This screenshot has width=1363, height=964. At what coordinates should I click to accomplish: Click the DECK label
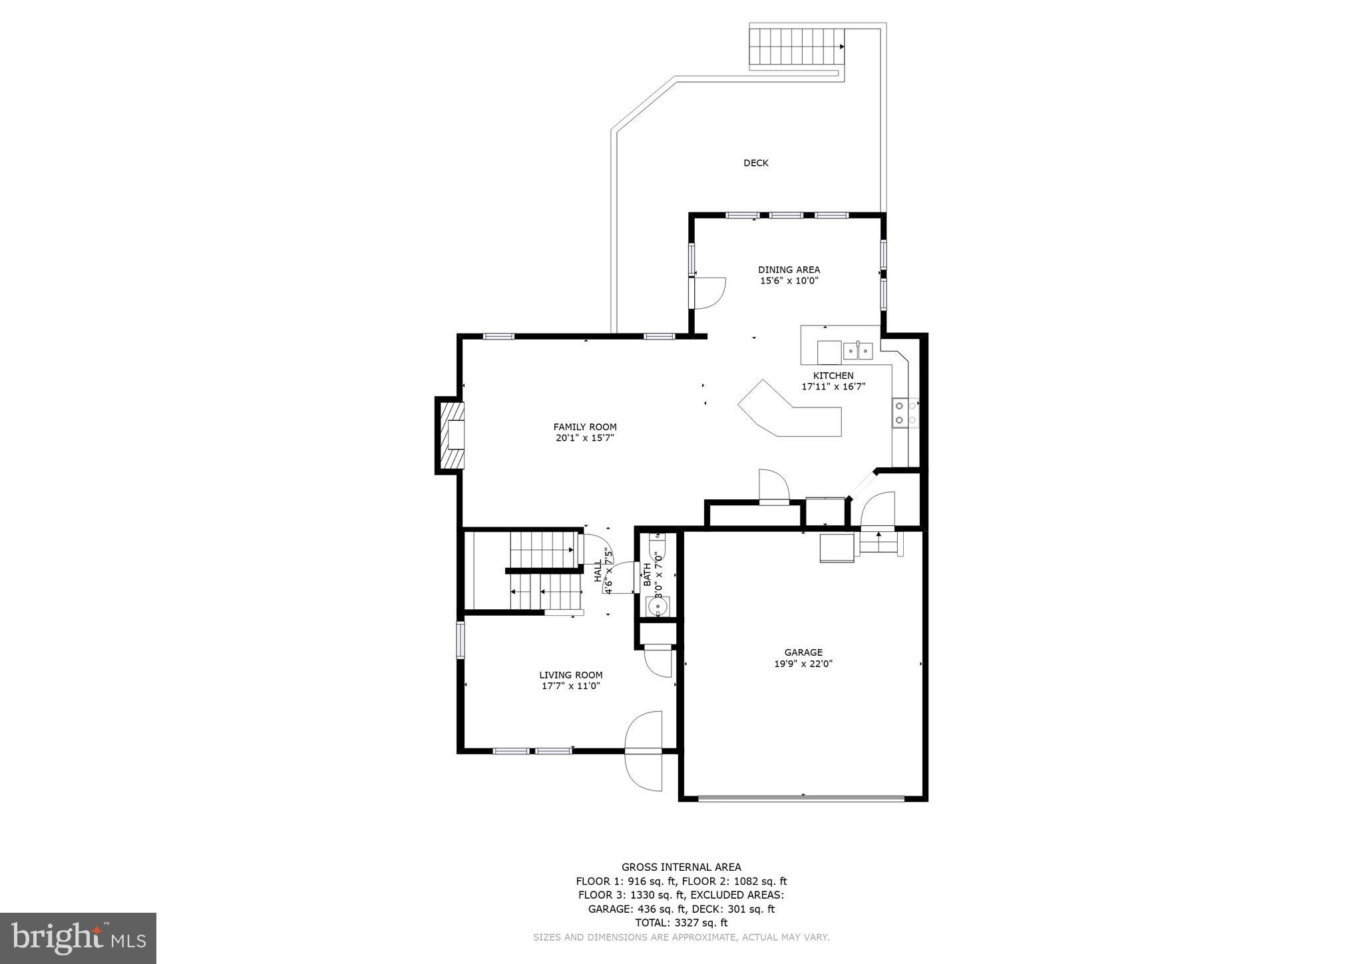(x=755, y=163)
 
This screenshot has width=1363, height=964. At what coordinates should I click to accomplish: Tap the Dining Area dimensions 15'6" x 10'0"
(x=789, y=281)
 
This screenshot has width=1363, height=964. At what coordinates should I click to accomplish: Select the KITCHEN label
(x=833, y=375)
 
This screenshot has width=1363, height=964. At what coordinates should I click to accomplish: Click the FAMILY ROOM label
(x=584, y=427)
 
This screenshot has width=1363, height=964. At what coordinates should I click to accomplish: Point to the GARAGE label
(x=803, y=652)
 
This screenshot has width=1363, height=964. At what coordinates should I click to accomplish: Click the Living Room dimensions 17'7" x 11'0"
(x=570, y=686)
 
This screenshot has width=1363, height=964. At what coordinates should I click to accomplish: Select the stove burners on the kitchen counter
(x=904, y=412)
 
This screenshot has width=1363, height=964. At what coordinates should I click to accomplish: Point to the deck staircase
(x=796, y=47)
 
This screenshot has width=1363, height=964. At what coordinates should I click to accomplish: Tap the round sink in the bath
(x=658, y=606)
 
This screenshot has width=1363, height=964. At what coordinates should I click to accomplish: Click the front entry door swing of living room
(x=645, y=750)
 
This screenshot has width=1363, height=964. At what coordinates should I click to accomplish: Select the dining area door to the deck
(x=707, y=293)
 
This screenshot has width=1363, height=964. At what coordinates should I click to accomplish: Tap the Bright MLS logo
(x=79, y=938)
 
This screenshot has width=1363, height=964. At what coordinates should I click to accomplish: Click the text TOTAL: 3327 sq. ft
(x=681, y=923)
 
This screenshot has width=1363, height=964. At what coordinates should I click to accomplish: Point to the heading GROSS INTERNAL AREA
(x=681, y=867)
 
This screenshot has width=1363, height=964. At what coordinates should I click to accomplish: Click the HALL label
(x=598, y=571)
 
